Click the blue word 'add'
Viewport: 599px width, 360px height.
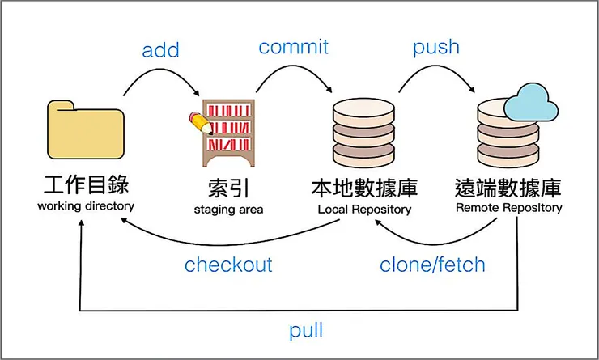(x=160, y=50)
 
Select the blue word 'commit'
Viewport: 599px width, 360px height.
(x=293, y=47)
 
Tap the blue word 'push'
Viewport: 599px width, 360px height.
(x=436, y=48)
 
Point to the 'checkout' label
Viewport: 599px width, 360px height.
(x=228, y=265)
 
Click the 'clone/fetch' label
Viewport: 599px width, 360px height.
(x=432, y=265)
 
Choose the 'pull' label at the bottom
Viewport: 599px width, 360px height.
(x=306, y=330)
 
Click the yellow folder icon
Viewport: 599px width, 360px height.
(x=86, y=131)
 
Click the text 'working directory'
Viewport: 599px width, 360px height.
(x=85, y=206)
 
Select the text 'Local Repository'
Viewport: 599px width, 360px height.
(x=364, y=210)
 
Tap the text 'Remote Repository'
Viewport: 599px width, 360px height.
(x=508, y=207)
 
